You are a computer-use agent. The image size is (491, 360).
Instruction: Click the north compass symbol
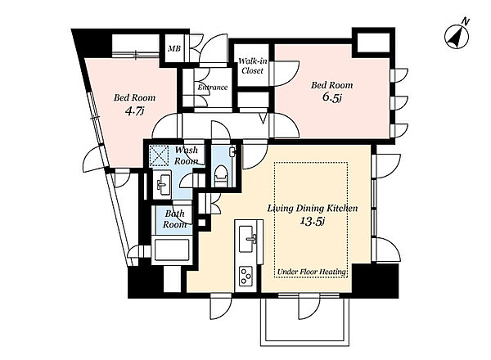pyautogui.click(x=457, y=37)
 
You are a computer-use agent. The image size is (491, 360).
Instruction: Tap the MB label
pyautogui.click(x=174, y=49)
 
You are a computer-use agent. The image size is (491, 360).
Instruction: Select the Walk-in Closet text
pyautogui.click(x=252, y=65)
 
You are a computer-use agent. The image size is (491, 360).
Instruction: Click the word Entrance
pyautogui.click(x=212, y=88)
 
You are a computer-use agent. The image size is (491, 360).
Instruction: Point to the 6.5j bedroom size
pyautogui.click(x=331, y=97)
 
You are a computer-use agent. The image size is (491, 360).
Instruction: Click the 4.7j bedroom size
pyautogui.click(x=134, y=110)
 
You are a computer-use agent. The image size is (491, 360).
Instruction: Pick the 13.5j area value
pyautogui.click(x=313, y=221)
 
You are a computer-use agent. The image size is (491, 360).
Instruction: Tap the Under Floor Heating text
pyautogui.click(x=312, y=272)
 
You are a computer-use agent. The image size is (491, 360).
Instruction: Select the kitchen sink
pyautogui.click(x=247, y=239)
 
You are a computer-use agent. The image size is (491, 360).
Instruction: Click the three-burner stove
pyautogui.click(x=246, y=276)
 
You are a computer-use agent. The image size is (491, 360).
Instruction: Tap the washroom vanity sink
pyautogui.click(x=163, y=184)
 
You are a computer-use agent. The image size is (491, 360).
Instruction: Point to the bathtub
pyautogui.click(x=171, y=250)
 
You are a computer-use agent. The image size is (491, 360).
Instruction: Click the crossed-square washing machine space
pyautogui.click(x=158, y=155)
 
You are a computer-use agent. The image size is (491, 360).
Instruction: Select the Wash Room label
pyautogui.click(x=187, y=155)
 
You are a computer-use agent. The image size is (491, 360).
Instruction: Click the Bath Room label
pyautogui.click(x=175, y=219)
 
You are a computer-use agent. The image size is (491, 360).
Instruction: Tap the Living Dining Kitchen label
pyautogui.click(x=313, y=208)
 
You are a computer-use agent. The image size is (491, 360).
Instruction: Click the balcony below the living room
pyautogui.click(x=305, y=322)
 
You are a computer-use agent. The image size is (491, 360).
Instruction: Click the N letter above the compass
pyautogui.click(x=466, y=21)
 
